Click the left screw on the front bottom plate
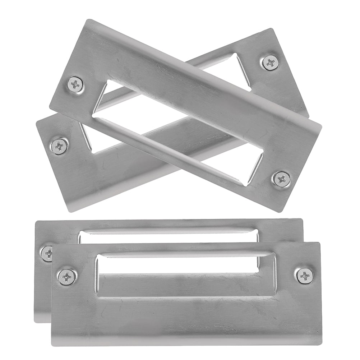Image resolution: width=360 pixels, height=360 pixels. click(x=67, y=276)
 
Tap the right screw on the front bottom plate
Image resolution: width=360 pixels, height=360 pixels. click(x=305, y=276)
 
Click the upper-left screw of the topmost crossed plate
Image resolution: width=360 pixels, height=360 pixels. click(x=75, y=84)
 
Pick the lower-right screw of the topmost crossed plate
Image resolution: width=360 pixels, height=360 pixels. click(x=282, y=179)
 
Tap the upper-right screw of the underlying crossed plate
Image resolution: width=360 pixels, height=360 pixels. click(x=271, y=63)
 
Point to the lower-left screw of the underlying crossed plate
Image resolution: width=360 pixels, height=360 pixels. click(x=59, y=146)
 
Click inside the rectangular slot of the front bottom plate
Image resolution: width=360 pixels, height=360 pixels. click(x=185, y=266)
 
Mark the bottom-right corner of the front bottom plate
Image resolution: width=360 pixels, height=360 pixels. click(x=321, y=344)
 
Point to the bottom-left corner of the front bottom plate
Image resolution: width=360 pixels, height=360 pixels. click(x=52, y=345)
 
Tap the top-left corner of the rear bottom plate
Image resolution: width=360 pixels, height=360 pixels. click(x=36, y=222)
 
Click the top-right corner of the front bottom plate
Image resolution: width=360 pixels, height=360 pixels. click(x=319, y=243)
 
